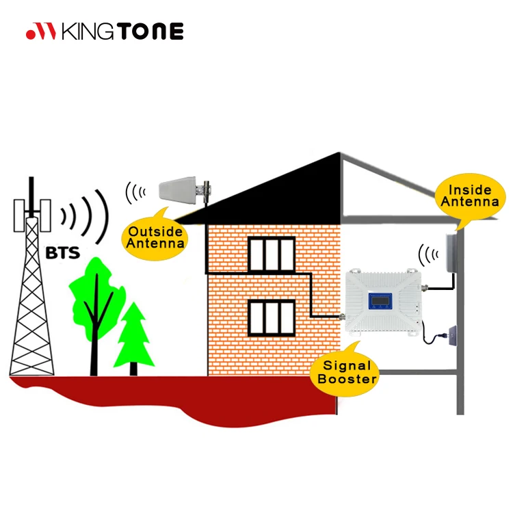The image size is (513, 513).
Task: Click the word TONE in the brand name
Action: point(152,31)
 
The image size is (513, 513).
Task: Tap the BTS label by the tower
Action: point(63,253)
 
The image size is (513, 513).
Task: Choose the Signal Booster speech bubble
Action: point(345,373)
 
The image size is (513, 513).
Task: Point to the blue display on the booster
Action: point(378,302)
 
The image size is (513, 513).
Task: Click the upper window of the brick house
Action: point(271,254)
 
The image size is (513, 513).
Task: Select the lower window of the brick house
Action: point(271,317)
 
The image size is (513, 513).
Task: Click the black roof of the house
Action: point(274,192)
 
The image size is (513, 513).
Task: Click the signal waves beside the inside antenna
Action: point(428,256)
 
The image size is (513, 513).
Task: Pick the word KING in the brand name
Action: point(90,31)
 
